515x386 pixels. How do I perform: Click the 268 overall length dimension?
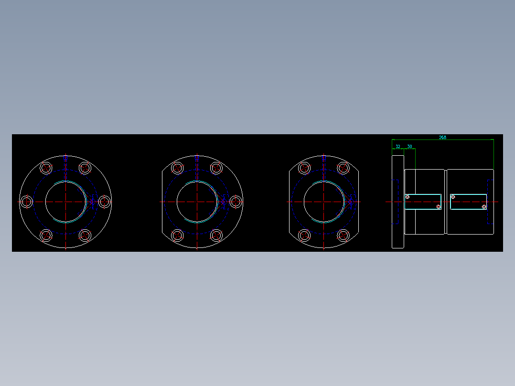click(x=442, y=138)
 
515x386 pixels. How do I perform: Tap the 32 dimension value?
click(x=398, y=147)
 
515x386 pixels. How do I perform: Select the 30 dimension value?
click(x=409, y=147)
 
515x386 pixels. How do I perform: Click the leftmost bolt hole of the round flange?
click(x=26, y=202)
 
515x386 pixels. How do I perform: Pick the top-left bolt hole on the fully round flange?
click(x=46, y=168)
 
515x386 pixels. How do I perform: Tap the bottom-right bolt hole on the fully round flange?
click(x=85, y=236)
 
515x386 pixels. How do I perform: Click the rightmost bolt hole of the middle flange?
click(x=236, y=202)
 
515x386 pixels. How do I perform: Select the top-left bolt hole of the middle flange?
click(x=177, y=168)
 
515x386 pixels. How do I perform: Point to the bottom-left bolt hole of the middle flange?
click(x=177, y=236)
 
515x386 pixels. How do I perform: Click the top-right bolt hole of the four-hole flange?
click(x=343, y=168)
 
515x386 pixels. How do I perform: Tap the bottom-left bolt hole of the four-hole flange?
click(x=304, y=236)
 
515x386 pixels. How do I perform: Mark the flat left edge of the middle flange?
click(x=162, y=202)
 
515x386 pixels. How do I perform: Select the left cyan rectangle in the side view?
click(x=423, y=202)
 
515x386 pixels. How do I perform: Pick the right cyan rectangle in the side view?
click(x=468, y=202)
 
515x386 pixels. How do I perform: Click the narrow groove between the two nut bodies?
click(x=446, y=202)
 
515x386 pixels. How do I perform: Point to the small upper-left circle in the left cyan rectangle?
click(x=408, y=197)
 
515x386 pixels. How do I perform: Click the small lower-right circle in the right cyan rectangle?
click(x=484, y=206)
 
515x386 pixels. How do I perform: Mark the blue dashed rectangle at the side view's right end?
click(x=490, y=202)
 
